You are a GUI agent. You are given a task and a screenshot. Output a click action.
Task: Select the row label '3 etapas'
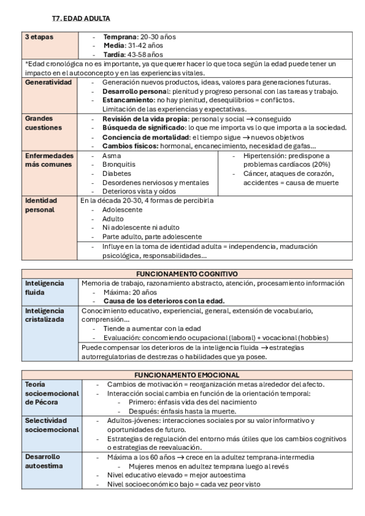[x=39, y=37]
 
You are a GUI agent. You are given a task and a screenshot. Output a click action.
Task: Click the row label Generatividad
[x=48, y=82]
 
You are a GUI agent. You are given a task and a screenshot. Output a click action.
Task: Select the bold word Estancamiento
[x=128, y=100]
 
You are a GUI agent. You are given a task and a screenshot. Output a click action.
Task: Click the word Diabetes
[x=116, y=173]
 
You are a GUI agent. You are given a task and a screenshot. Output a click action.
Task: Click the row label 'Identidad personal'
[x=40, y=205]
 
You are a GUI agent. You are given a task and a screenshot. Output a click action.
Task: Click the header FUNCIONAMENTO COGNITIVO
[x=186, y=274]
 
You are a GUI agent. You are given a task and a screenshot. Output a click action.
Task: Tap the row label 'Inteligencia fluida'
[x=44, y=288]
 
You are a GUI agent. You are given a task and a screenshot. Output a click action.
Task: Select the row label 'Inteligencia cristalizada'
[x=44, y=315]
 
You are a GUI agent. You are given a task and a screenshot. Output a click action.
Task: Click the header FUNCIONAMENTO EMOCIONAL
[x=186, y=375]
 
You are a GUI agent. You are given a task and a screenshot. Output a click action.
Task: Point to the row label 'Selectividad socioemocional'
[x=52, y=425]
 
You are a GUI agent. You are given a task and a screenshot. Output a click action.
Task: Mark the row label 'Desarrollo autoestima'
[x=44, y=461]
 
